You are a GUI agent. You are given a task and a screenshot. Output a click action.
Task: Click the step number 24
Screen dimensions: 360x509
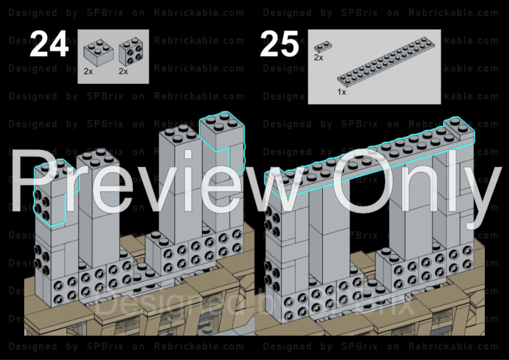49,45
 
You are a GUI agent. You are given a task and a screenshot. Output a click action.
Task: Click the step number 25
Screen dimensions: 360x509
280,45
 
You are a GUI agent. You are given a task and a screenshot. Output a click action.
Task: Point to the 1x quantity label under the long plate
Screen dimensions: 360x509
342,92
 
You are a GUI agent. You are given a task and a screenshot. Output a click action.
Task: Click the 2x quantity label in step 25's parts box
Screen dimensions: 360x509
318,57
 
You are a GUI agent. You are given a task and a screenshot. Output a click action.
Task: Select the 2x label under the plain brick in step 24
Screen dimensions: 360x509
88,71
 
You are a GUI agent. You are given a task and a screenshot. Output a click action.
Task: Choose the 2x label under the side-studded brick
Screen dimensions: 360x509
123,71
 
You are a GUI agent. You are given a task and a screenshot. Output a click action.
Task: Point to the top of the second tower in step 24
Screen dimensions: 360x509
97,159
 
